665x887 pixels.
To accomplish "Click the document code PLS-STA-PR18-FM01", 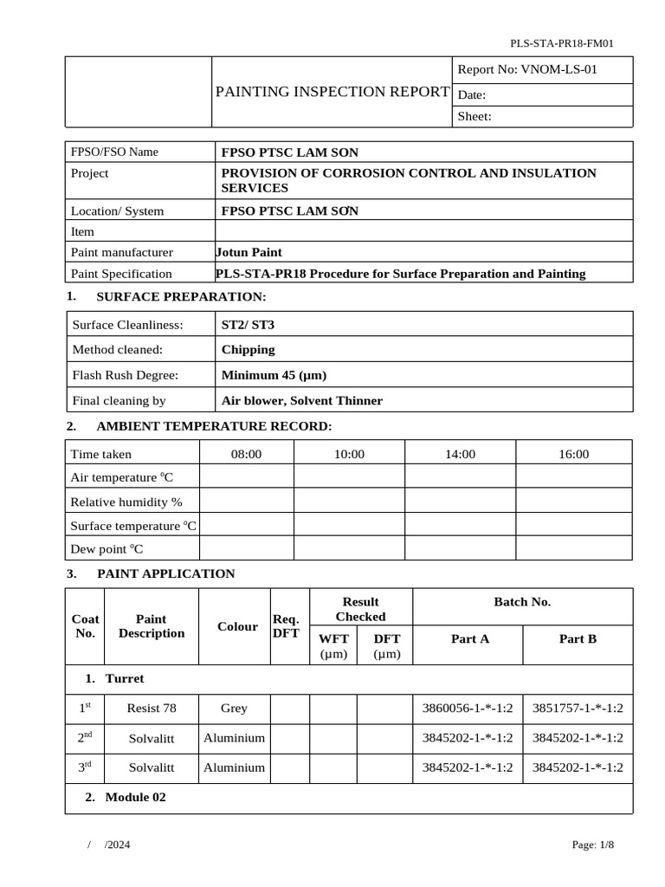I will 562,42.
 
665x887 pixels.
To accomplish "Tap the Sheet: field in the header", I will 475,116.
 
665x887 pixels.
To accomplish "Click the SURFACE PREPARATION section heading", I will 181,297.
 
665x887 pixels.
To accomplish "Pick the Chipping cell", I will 249,350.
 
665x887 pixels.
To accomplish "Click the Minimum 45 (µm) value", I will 274,375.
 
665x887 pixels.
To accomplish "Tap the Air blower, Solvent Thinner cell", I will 302,400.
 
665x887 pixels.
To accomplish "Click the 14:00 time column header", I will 460,454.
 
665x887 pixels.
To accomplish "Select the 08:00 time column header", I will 246,454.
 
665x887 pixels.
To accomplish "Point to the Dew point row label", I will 107,549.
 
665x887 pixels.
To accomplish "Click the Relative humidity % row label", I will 126,502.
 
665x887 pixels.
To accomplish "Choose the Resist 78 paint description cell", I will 152,708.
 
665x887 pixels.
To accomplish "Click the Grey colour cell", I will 234,708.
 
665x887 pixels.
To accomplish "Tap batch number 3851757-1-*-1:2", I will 578,708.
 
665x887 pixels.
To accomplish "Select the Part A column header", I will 470,638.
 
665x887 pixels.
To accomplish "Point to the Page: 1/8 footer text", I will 593,845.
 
